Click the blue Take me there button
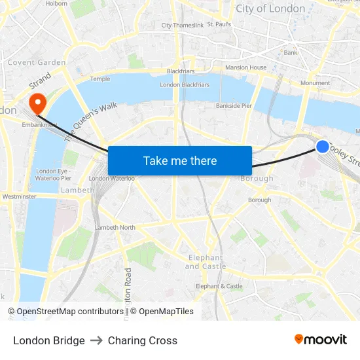[x=180, y=160]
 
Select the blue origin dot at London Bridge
[x=323, y=147]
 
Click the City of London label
[x=270, y=9]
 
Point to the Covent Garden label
[x=37, y=63]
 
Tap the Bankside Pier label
[x=234, y=105]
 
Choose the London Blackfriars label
[x=185, y=85]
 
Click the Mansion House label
[x=245, y=67]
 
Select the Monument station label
[x=315, y=83]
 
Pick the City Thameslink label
[x=183, y=26]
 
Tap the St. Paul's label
[x=219, y=24]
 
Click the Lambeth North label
[x=115, y=228]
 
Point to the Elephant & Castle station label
[x=219, y=286]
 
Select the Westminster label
[x=19, y=196]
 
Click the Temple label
[x=100, y=79]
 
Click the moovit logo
[x=321, y=340]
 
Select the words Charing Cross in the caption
[x=143, y=340]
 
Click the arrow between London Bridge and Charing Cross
[x=96, y=340]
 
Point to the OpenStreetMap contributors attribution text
[x=66, y=312]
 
